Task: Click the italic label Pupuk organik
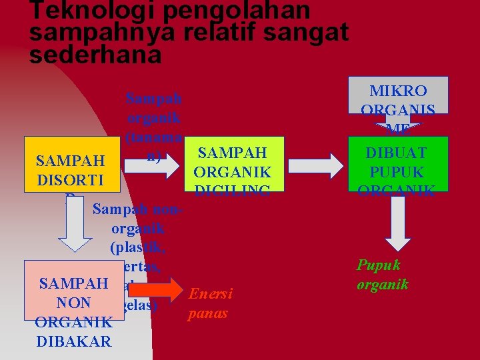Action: point(382,274)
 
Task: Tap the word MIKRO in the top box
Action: point(398,91)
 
